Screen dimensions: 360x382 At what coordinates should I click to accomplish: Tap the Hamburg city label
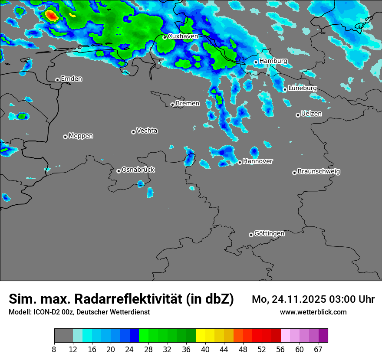coord(273,61)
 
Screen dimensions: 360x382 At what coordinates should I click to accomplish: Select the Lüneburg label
coord(303,88)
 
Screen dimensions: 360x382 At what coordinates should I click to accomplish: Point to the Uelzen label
coord(311,114)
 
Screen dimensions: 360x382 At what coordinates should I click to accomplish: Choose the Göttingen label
coord(269,234)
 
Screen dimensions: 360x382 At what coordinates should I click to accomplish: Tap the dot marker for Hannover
coord(240,162)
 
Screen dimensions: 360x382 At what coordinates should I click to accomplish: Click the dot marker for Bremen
coord(172,105)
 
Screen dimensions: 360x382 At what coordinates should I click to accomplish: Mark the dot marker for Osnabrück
coord(119,171)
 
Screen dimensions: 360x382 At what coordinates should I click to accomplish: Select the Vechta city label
coord(147,131)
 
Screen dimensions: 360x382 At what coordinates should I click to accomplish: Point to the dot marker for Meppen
coord(65,137)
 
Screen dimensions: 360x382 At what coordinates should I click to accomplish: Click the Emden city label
coord(71,79)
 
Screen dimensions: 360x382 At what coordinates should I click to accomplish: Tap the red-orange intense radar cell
coord(51,16)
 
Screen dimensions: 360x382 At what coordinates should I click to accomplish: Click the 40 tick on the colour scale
coord(205,349)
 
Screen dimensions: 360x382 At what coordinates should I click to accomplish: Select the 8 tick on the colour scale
coord(54,349)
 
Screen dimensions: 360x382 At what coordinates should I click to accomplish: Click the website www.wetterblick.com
coord(313,312)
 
